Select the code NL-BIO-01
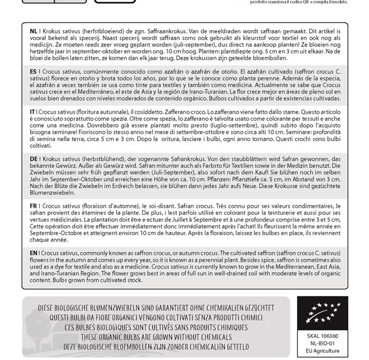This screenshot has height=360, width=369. coord(315,344)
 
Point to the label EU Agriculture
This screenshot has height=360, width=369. coord(315,351)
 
